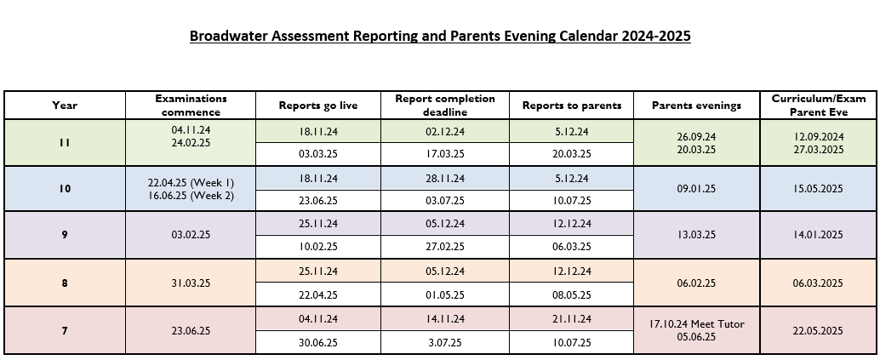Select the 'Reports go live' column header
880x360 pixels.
pos(318,106)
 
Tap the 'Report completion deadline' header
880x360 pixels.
pos(445,105)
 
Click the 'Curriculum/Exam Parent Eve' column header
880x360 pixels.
pos(819,105)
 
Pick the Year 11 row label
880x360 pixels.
pos(65,143)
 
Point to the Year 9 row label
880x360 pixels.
pos(65,235)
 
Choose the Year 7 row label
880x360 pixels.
pos(65,331)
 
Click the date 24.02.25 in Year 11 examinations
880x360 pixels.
pos(191,143)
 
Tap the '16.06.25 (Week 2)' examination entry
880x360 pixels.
pos(191,196)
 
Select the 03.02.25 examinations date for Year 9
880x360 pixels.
pos(191,235)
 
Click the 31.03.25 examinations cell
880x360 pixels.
pos(191,283)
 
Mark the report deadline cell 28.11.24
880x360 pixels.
pos(445,179)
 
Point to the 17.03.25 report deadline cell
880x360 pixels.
pos(445,154)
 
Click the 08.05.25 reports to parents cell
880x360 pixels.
pos(571,294)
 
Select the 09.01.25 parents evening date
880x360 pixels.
pos(696,189)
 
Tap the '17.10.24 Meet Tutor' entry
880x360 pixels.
pos(696,324)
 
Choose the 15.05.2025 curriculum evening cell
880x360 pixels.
pos(818,189)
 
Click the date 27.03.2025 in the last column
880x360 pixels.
pos(818,150)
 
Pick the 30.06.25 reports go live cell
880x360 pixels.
pos(318,343)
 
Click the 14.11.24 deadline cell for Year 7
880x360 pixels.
pos(445,319)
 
